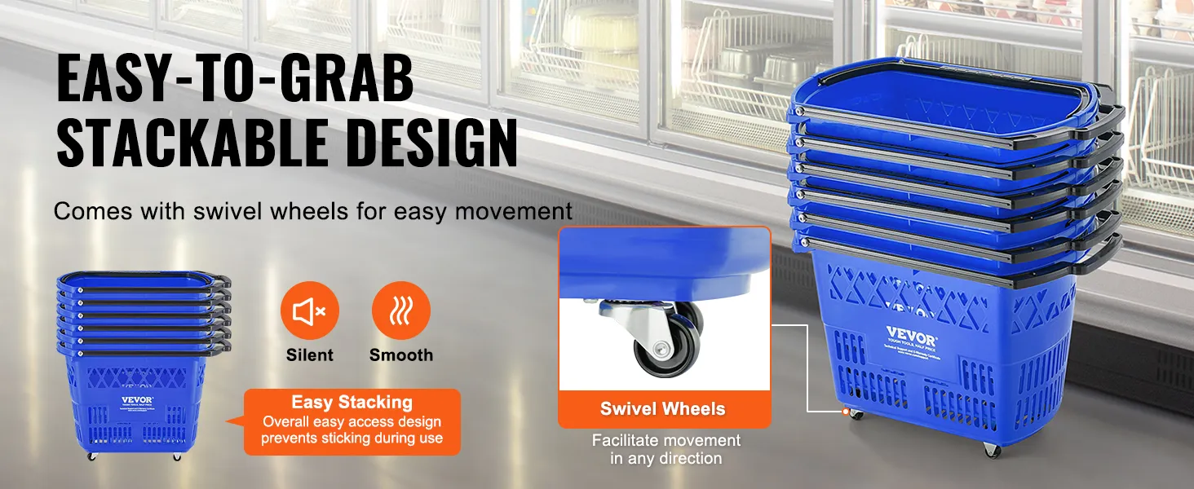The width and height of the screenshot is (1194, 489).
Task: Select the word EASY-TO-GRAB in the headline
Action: [x=235, y=80]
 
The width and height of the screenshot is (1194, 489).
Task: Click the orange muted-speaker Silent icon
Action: [x=309, y=311]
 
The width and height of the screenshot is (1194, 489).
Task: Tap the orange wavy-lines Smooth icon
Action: [x=400, y=311]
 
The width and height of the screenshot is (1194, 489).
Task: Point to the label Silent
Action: [x=309, y=355]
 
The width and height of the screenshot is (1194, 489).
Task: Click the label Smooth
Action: [x=400, y=355]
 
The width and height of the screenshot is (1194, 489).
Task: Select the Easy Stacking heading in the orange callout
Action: [x=352, y=402]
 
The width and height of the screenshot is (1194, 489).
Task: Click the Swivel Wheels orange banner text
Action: [x=662, y=409]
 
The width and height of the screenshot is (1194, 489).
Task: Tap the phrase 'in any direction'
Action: [x=666, y=459]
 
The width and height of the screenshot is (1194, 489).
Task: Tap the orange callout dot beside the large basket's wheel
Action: [x=846, y=412]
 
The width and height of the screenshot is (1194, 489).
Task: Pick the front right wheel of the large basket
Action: [x=991, y=449]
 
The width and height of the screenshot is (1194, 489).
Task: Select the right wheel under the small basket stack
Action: [x=176, y=456]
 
